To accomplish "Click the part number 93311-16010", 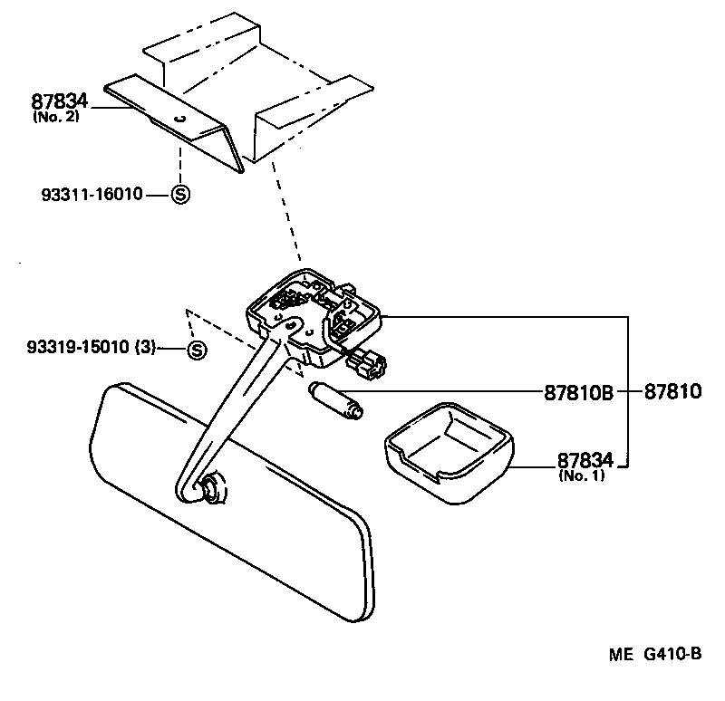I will pos(92,194).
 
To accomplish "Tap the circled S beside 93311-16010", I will pos(180,194).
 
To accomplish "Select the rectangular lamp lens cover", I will pos(445,450).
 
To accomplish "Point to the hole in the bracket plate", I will pos(179,119).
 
